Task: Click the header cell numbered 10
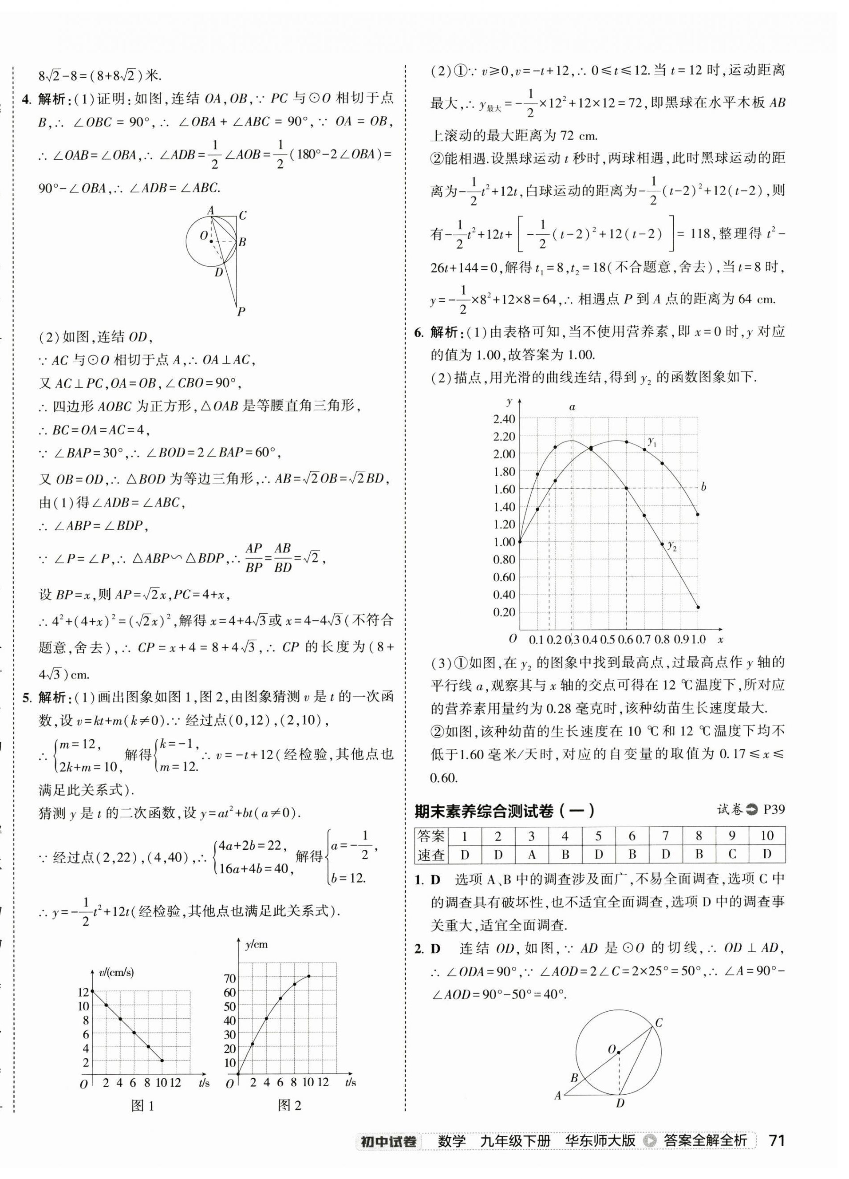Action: pos(767,836)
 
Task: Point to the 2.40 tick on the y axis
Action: pos(504,419)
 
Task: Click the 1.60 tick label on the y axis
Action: pos(504,489)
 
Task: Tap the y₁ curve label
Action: pos(652,442)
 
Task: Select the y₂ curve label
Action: pos(672,546)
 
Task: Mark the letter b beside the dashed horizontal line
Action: pos(703,487)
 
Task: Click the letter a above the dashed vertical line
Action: pos(572,407)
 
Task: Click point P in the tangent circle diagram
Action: pos(241,312)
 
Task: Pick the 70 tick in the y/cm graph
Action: pos(229,978)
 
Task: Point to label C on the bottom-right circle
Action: pos(658,1024)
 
